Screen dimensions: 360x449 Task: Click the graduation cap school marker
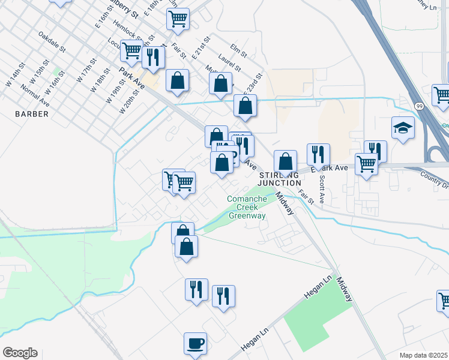point(403,127)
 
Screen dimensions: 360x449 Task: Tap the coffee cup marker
point(195,344)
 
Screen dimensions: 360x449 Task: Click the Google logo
point(20,353)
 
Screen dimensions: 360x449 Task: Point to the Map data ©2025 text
point(423,355)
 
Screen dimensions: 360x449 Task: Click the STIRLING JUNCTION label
point(280,178)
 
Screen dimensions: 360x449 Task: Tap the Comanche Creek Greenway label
point(247,208)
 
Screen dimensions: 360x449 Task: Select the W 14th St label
point(14,73)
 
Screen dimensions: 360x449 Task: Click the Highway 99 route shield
point(418,106)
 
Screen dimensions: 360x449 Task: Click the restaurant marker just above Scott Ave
point(318,154)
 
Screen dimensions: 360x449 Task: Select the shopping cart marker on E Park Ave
point(366,163)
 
